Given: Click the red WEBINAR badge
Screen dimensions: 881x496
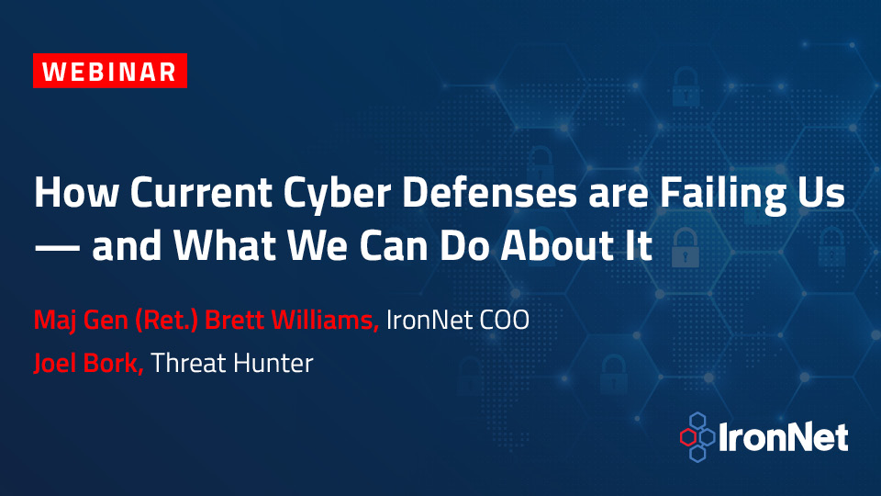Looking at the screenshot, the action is (x=110, y=71).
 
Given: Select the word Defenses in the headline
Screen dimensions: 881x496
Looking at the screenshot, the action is (x=489, y=192).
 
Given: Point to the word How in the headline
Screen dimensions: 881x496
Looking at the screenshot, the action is (x=76, y=192).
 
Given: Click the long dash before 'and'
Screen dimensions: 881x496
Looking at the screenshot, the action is (x=57, y=247).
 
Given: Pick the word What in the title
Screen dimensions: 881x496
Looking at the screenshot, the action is (x=225, y=245).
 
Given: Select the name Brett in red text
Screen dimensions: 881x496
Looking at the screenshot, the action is (x=234, y=320).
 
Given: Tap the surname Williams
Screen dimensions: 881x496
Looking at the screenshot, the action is (x=325, y=320).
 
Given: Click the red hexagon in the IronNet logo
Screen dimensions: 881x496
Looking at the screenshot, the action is (x=687, y=437).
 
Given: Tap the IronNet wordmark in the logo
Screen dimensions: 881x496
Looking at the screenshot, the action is (x=783, y=437).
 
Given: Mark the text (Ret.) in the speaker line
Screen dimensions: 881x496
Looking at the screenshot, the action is (x=166, y=320).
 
